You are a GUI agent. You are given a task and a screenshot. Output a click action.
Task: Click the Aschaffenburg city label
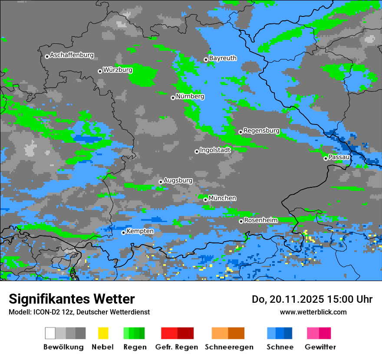coord(72,56)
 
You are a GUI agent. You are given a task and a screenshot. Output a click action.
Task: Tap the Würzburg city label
coord(118,70)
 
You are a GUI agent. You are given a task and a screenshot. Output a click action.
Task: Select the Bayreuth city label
coord(223,58)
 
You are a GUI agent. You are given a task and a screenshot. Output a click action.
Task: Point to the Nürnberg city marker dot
coord(173,98)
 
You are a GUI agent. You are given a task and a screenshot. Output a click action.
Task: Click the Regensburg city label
coord(261,131)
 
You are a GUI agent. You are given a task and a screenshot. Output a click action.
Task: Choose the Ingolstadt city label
coord(215,150)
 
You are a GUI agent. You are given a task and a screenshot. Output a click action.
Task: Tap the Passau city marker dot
coord(326,158)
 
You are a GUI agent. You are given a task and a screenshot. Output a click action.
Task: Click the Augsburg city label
coord(178,180)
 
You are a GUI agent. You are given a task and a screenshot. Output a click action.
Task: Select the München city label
coord(222,198)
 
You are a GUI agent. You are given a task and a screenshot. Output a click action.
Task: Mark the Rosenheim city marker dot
coord(241,221)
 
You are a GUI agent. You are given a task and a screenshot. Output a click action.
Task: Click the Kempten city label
coord(140,231)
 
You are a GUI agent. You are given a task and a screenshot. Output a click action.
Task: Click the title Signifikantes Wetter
coord(72,299)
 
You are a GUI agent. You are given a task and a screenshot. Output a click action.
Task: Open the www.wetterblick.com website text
coord(313,312)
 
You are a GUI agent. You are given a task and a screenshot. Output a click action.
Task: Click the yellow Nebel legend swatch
coord(103,333)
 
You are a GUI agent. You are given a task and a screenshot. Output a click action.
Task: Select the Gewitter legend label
coord(320,347)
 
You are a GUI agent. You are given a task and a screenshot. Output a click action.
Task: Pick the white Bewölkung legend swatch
coord(50,333)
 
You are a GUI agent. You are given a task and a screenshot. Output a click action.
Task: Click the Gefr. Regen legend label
coord(177,347)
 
